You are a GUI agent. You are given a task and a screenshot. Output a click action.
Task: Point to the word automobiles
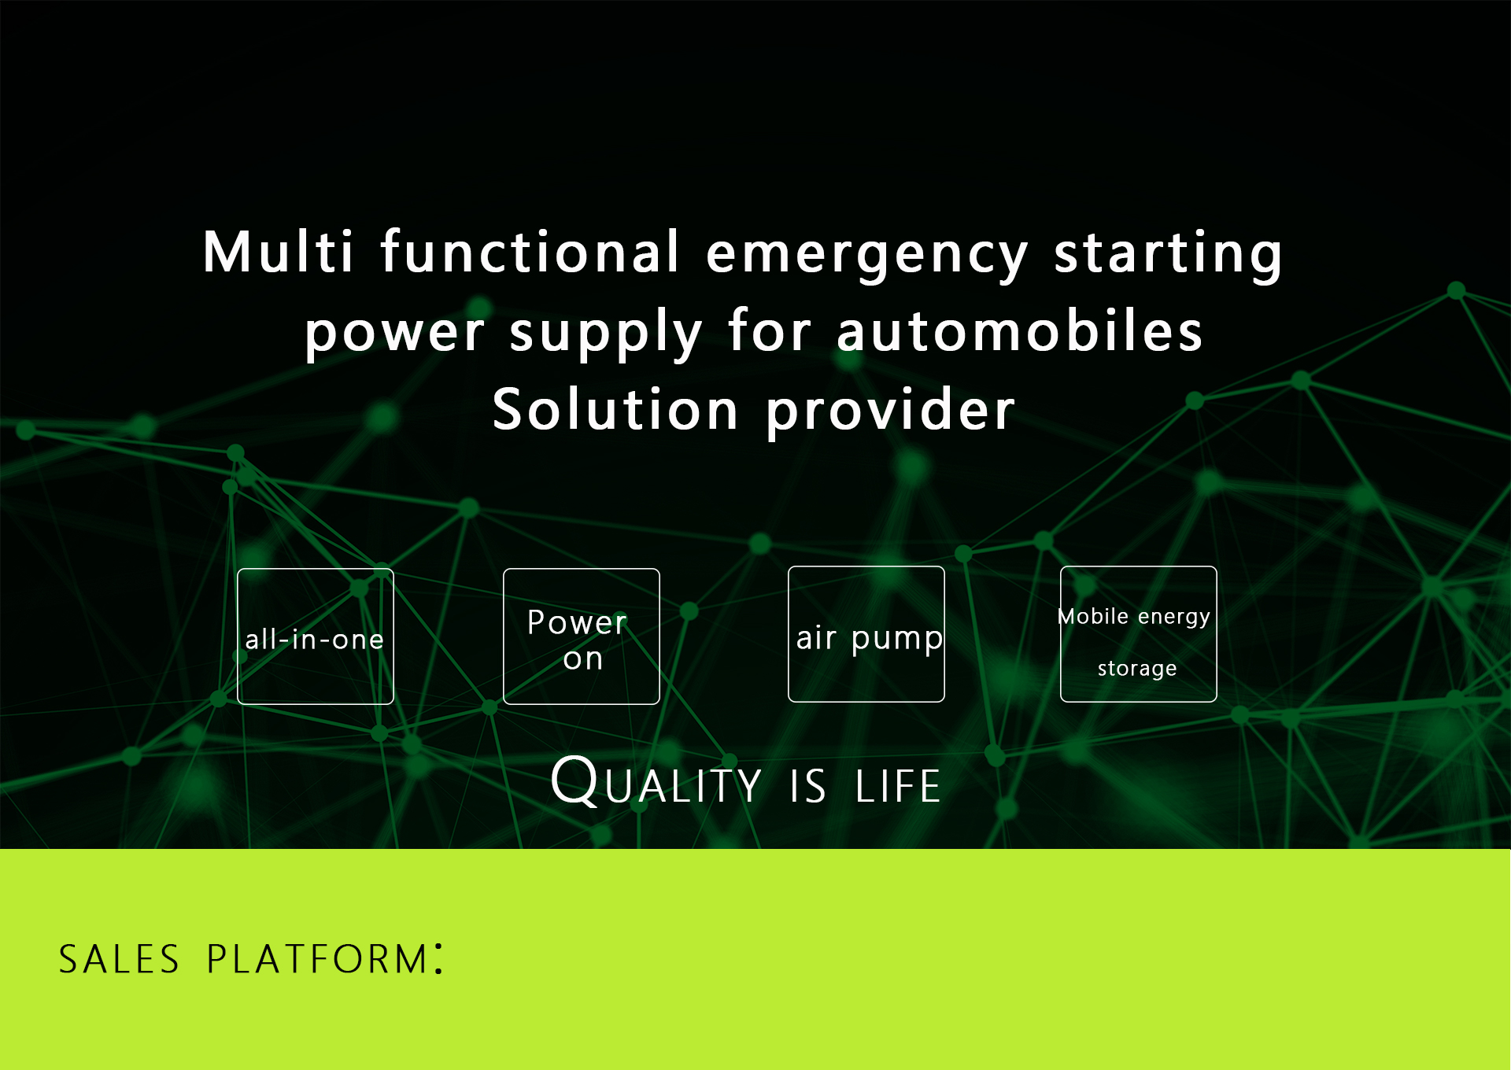tap(1020, 330)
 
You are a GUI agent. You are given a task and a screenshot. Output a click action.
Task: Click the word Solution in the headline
tap(615, 409)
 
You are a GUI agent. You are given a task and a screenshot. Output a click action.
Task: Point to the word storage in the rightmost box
tap(1137, 669)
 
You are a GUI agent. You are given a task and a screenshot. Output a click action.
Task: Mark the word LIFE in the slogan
tap(898, 786)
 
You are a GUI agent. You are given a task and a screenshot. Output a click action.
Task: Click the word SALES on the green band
tap(120, 959)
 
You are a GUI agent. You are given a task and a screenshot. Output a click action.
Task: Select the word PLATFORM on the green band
tap(317, 959)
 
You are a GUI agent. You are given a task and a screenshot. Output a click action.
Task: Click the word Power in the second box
tap(577, 622)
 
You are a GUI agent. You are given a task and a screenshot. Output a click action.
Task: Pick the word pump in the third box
tap(897, 640)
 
